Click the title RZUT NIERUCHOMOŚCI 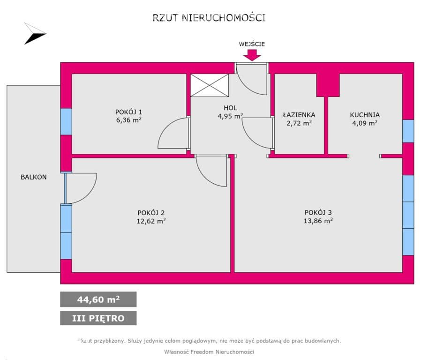[209, 18]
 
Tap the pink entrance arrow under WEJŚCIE [252, 55]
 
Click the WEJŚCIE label [252, 44]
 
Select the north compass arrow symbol [35, 34]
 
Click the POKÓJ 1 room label [128, 112]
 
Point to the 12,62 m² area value [151, 221]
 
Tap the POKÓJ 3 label [318, 212]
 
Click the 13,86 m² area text [318, 221]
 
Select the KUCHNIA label [365, 115]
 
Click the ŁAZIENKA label [299, 115]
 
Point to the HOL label [230, 108]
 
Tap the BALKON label [34, 177]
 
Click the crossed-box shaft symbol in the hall [210, 85]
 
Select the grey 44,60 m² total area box [98, 300]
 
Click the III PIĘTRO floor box [98, 318]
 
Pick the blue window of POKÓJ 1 [66, 121]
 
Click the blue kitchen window [408, 131]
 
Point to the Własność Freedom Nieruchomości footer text [209, 352]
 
